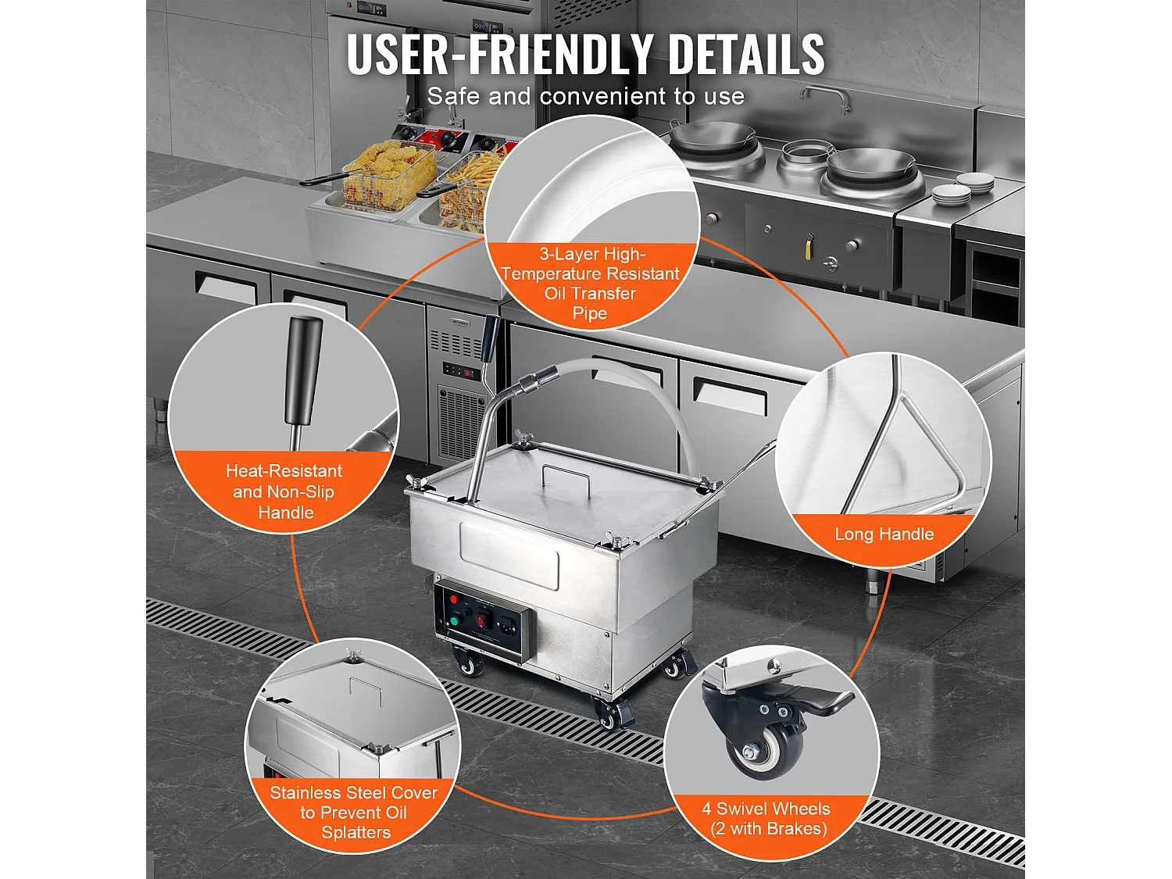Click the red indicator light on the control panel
coord(455,599)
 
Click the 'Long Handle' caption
coord(884,534)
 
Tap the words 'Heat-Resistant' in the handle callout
coord(284,470)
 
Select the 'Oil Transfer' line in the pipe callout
coord(590,294)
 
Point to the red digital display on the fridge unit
coord(470,373)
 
